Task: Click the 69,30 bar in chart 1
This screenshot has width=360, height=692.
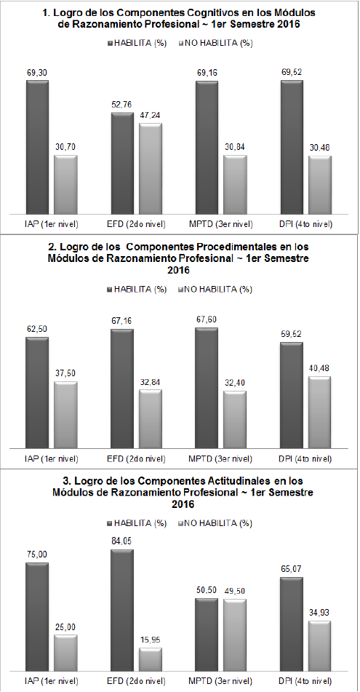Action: [x=37, y=146]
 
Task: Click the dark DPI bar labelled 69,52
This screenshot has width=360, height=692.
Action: [x=291, y=146]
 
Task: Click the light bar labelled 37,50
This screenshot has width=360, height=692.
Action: [x=65, y=415]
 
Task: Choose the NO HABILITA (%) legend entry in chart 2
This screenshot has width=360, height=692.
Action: [x=217, y=290]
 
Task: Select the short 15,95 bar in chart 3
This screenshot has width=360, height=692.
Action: [x=150, y=660]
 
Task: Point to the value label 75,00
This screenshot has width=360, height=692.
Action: [x=36, y=554]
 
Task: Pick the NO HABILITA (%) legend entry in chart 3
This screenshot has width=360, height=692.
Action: [x=217, y=523]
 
